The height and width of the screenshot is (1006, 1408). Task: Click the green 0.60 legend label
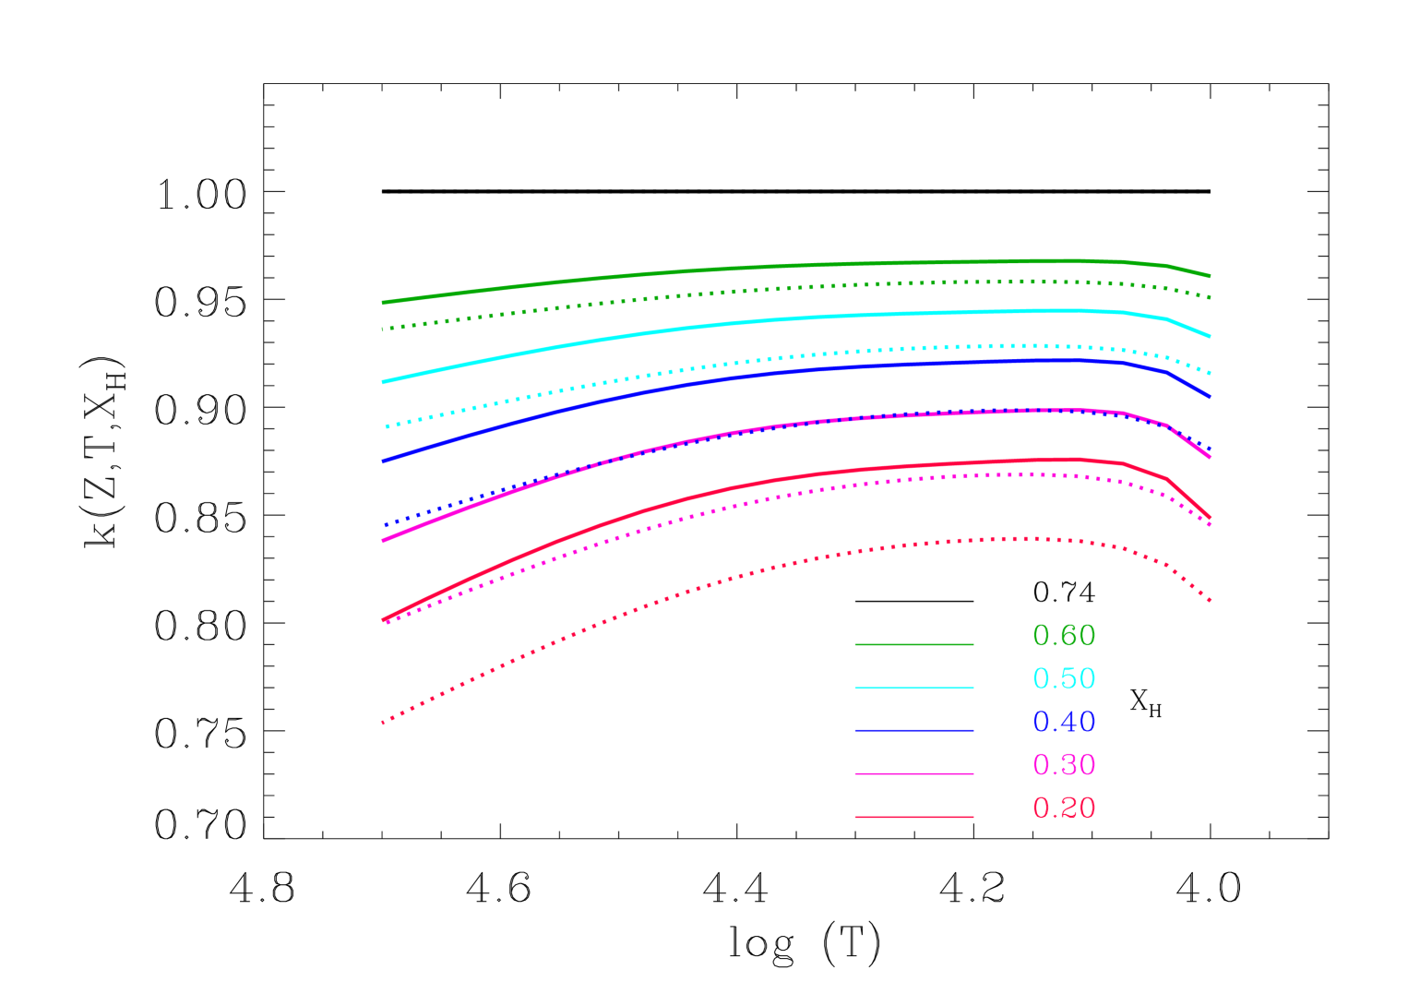(x=1063, y=635)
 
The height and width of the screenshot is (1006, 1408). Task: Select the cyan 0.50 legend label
(x=1063, y=678)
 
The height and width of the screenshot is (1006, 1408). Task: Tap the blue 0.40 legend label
(x=1063, y=722)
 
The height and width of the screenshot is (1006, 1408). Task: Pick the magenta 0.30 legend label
(x=1063, y=764)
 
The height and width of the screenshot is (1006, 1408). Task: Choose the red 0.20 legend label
(x=1063, y=808)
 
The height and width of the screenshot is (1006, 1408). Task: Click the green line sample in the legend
(x=913, y=644)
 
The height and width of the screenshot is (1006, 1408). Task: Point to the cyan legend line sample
(x=913, y=688)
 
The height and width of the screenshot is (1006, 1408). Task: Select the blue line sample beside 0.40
(x=913, y=731)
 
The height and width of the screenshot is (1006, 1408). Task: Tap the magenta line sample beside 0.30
(x=913, y=773)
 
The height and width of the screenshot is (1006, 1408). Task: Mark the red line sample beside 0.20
(x=913, y=817)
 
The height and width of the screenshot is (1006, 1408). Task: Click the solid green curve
(x=738, y=269)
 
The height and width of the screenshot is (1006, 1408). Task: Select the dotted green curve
(x=738, y=291)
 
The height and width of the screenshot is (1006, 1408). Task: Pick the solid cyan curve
(x=738, y=322)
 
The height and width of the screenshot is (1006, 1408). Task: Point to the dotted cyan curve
(x=738, y=363)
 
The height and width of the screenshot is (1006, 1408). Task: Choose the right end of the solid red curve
(x=1209, y=517)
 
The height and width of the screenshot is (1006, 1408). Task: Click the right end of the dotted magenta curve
(x=1209, y=524)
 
